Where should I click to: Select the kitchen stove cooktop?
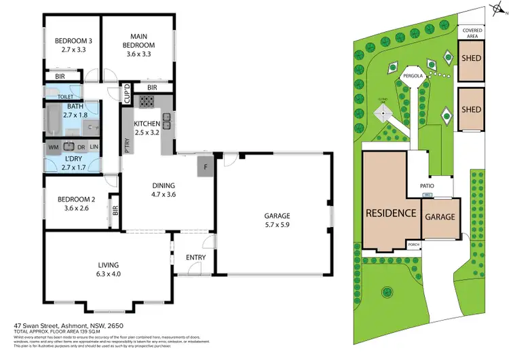[147, 103]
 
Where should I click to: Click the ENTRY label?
[195, 257]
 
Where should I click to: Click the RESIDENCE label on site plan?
[390, 212]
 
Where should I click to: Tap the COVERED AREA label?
[472, 34]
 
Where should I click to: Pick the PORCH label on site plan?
[413, 245]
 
